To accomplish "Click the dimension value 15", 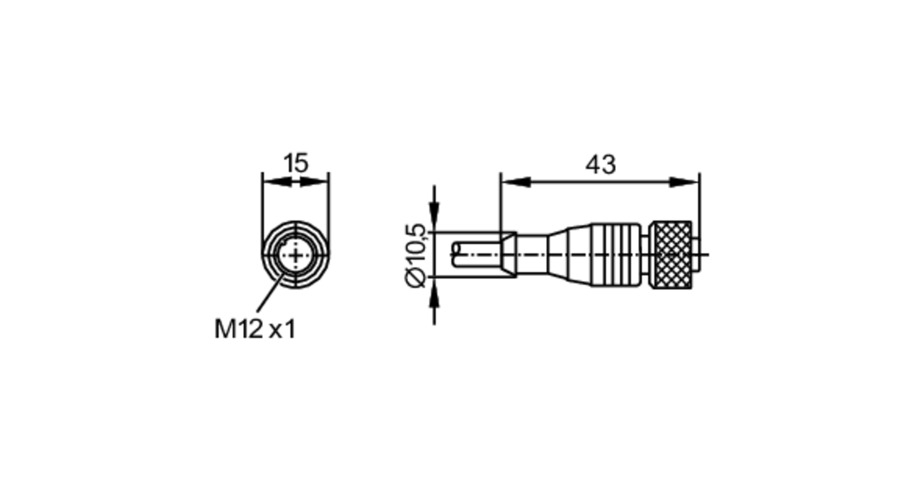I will click(x=295, y=163).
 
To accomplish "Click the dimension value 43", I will click(x=600, y=164).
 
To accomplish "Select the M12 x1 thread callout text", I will click(x=255, y=329).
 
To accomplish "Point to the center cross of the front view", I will click(x=295, y=255).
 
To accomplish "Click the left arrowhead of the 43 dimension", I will click(x=515, y=182).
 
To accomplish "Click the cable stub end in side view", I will click(x=475, y=255).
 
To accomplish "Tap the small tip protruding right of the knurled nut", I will click(x=696, y=255).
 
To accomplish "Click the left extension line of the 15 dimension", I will click(x=262, y=203).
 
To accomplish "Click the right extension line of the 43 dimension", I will click(x=700, y=208).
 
